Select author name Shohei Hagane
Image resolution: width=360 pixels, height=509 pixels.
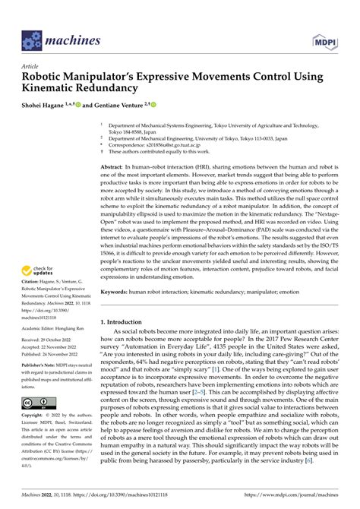coord(48,106)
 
